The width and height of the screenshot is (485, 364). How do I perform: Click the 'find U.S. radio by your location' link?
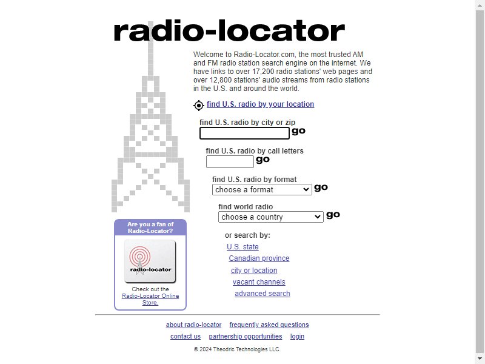[260, 104]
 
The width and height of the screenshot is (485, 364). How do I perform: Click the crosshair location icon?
[199, 105]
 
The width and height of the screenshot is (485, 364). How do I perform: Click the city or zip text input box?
[244, 133]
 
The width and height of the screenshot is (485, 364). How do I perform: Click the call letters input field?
[230, 161]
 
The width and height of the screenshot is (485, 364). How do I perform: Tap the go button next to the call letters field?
[263, 160]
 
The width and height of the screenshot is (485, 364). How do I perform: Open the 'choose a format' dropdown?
[262, 190]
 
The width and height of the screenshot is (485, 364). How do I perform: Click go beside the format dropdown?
[321, 187]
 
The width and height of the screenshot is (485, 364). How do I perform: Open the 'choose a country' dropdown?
[270, 217]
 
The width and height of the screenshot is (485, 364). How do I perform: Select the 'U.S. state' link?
[242, 247]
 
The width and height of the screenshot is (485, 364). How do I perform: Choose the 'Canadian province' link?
[259, 258]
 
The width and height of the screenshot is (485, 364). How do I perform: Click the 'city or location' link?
[254, 270]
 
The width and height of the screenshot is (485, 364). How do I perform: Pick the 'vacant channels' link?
[259, 282]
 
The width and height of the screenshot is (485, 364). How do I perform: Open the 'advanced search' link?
[263, 294]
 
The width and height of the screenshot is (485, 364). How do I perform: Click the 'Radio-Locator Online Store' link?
[150, 299]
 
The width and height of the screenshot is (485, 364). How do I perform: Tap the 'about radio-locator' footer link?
[193, 325]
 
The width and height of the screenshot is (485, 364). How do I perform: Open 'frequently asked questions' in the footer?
[269, 325]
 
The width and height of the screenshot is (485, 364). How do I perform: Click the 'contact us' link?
[186, 336]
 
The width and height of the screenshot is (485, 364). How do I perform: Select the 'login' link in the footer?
[297, 337]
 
